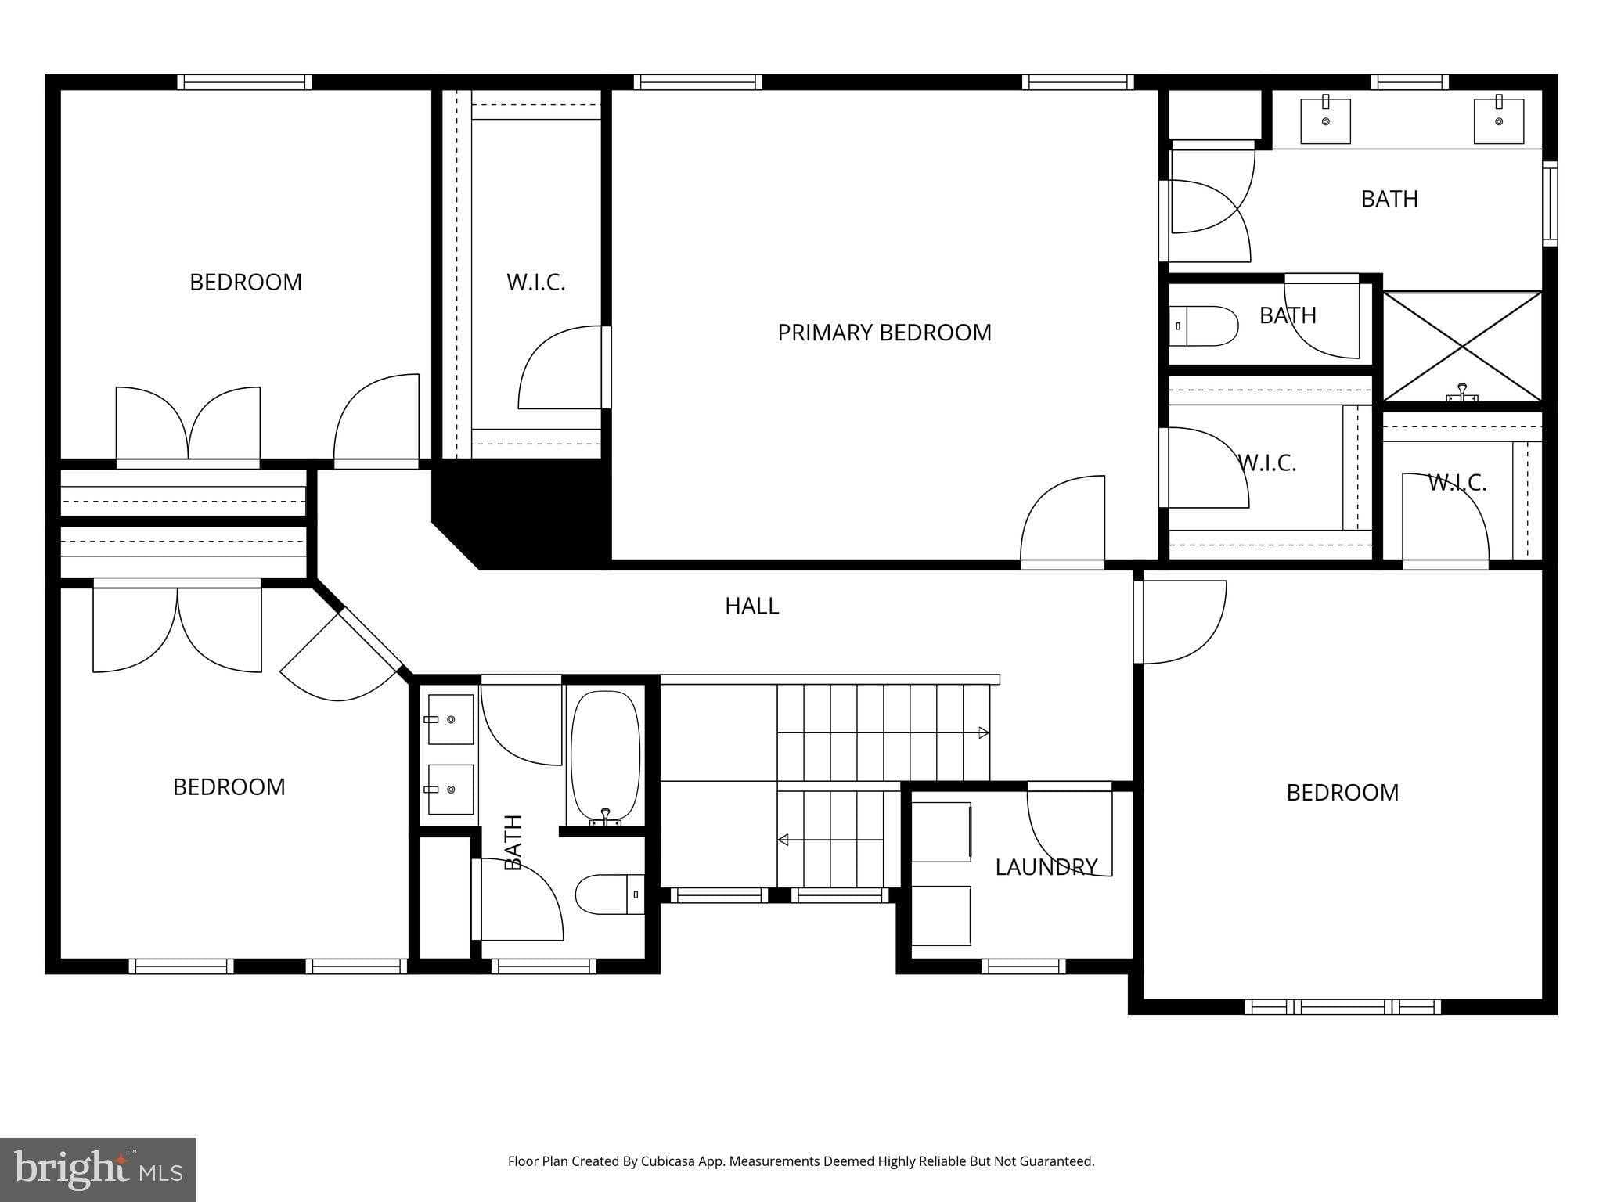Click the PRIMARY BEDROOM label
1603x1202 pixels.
tap(884, 333)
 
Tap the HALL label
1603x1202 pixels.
tap(751, 606)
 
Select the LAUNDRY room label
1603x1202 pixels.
tap(1046, 867)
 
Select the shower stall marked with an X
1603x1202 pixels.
tap(1462, 347)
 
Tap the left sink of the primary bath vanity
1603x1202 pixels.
tap(1325, 121)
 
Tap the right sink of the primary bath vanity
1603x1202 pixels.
tap(1498, 121)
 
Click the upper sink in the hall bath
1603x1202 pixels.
tap(451, 719)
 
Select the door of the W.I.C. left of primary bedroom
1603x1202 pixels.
tap(560, 368)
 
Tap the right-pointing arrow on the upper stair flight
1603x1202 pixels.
tap(983, 733)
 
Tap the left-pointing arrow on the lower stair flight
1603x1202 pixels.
tap(783, 840)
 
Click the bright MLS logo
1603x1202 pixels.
tap(98, 1170)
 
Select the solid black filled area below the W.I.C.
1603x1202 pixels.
tap(532, 513)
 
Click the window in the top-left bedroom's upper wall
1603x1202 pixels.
tap(244, 82)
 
